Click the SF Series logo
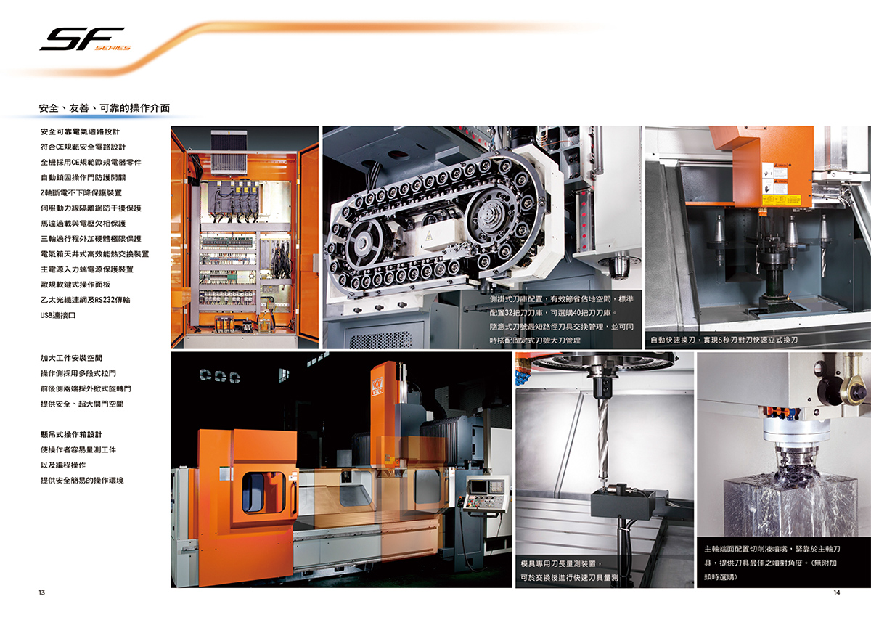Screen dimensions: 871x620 tap(85, 39)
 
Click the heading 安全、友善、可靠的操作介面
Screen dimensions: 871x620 tap(105, 108)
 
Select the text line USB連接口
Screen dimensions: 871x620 tap(58, 315)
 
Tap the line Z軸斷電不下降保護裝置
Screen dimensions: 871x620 tap(81, 193)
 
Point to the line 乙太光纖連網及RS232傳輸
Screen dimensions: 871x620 tap(85, 300)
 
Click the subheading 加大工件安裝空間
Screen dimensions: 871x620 tap(71, 358)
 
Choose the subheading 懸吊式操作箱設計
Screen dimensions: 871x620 tap(71, 434)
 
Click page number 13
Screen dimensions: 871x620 tap(41, 592)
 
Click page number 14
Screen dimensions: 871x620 tap(836, 592)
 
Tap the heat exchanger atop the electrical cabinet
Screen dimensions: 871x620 tap(229, 152)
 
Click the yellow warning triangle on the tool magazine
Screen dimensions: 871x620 tap(429, 236)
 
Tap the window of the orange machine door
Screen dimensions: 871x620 tap(263, 492)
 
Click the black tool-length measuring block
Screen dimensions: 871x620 tap(623, 504)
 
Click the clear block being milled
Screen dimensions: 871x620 tap(790, 507)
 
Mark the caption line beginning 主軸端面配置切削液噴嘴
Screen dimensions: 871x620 tap(772, 549)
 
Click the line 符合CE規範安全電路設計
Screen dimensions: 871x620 tap(83, 147)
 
